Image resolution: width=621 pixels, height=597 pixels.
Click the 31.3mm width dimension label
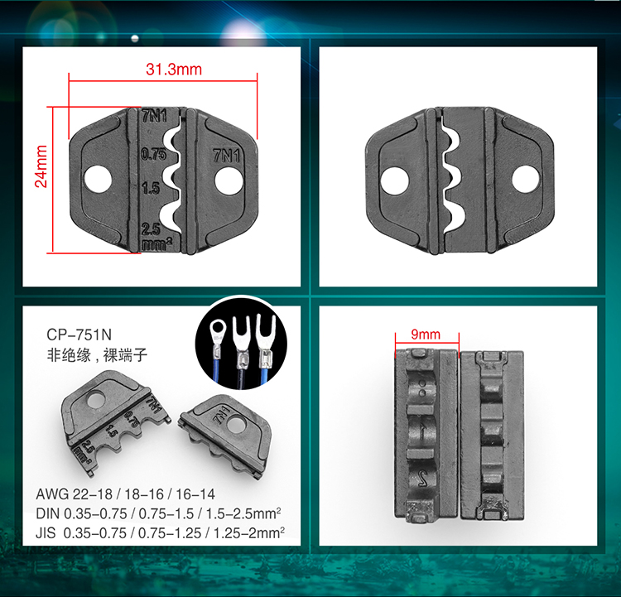pyautogui.click(x=174, y=70)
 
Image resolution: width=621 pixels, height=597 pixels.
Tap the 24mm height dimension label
pyautogui.click(x=41, y=166)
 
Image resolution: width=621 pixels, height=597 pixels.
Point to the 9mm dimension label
pyautogui.click(x=426, y=334)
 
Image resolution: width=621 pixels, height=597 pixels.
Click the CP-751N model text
pyautogui.click(x=79, y=335)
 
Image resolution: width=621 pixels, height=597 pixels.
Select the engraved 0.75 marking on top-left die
pyautogui.click(x=154, y=154)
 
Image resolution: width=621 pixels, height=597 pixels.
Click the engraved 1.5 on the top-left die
pyautogui.click(x=152, y=188)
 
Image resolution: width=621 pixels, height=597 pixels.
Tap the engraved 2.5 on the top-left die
pyautogui.click(x=151, y=229)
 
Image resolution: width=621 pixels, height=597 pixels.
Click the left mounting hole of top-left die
pyautogui.click(x=98, y=180)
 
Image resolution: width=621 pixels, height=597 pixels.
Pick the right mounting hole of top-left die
pyautogui.click(x=229, y=181)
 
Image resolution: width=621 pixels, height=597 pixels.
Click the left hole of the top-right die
pyautogui.click(x=394, y=181)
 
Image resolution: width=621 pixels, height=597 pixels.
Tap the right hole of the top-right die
pyautogui.click(x=526, y=180)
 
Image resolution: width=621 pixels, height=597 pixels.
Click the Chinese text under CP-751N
pyautogui.click(x=97, y=355)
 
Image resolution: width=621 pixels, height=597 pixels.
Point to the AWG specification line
pyautogui.click(x=125, y=494)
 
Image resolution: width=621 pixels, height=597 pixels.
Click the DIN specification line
pyautogui.click(x=158, y=513)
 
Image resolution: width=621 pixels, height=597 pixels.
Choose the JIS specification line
pyautogui.click(x=160, y=532)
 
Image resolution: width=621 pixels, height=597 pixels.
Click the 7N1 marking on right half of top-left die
pyautogui.click(x=227, y=156)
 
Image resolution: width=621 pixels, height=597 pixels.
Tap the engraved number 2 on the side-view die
pyautogui.click(x=423, y=479)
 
